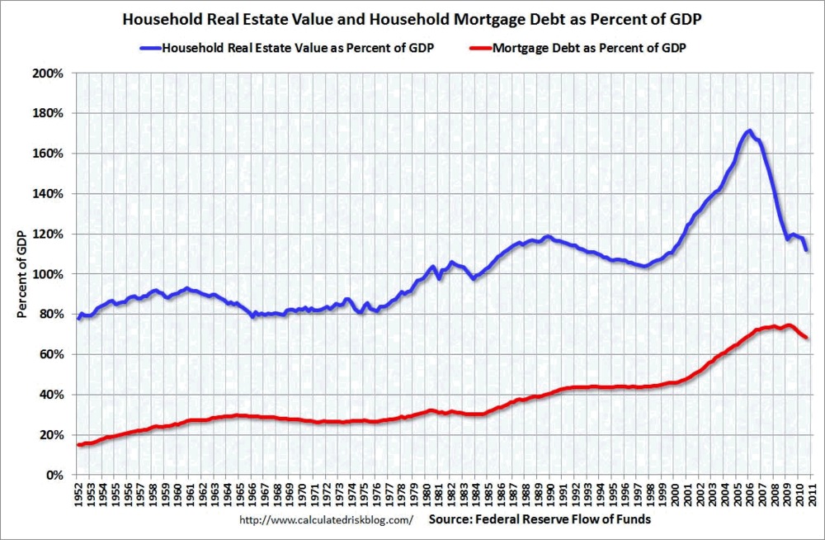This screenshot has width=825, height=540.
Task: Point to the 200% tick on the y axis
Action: (50, 73)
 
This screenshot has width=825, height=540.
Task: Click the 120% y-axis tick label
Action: (50, 234)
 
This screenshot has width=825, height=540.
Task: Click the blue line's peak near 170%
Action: (748, 131)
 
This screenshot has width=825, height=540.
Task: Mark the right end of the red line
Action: (806, 338)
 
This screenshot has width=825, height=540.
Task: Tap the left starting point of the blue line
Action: (79, 318)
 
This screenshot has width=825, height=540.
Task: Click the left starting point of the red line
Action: (79, 445)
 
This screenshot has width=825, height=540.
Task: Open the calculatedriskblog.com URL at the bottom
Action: (326, 521)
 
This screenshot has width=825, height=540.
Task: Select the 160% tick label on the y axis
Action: (50, 154)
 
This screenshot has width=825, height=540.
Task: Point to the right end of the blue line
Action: (806, 250)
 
